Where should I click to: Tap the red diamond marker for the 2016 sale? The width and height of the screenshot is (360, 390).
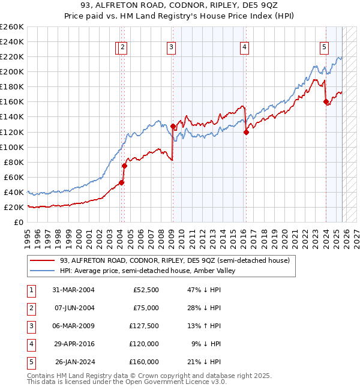246,132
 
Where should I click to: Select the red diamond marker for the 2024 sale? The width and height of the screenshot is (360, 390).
326,102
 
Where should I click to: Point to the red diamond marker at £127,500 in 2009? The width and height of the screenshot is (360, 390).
173,126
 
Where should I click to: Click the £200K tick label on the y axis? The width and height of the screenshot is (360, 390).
11,71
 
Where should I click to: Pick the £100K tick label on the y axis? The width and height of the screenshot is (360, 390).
11,147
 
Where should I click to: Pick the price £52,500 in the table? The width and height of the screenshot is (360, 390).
144,290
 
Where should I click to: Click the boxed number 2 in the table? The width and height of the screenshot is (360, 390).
29,308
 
